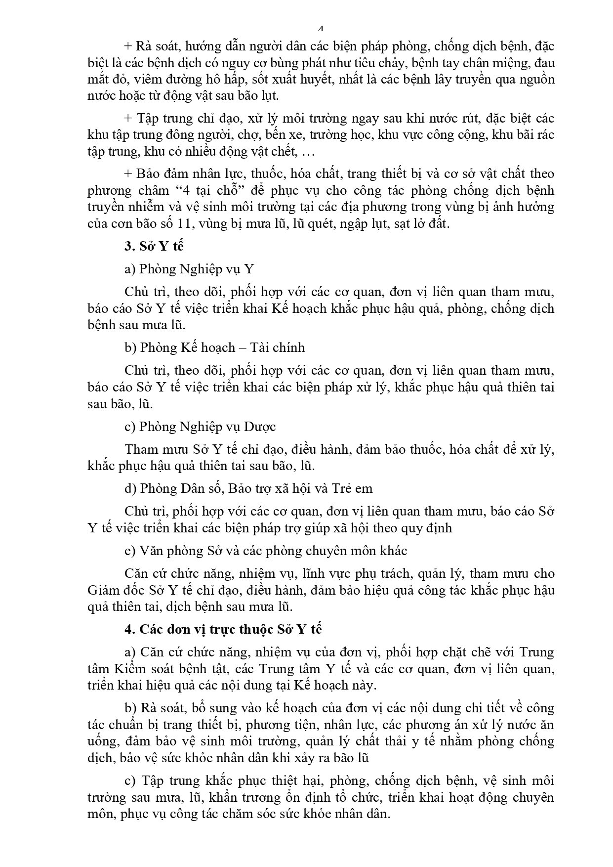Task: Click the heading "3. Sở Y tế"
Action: pos(154,246)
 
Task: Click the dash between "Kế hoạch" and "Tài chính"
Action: pos(243,347)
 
